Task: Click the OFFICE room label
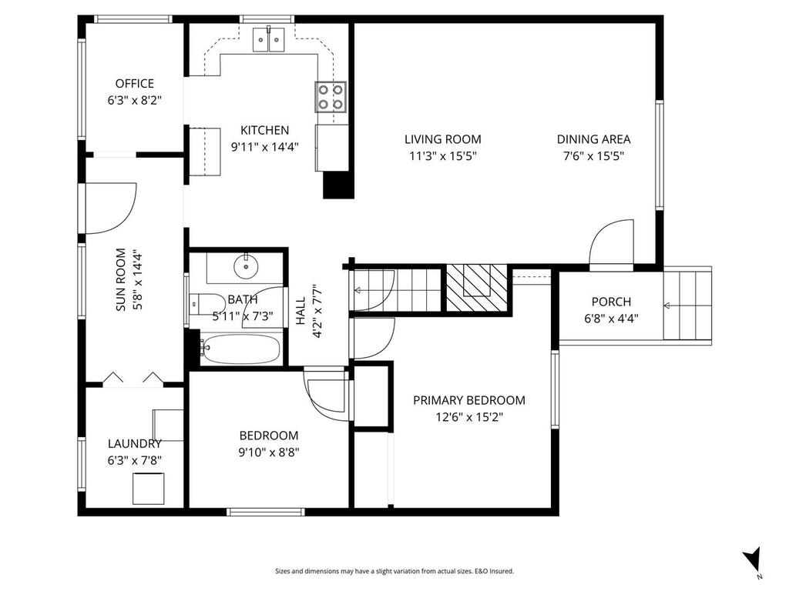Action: pyautogui.click(x=135, y=83)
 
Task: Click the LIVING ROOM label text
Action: pyautogui.click(x=443, y=139)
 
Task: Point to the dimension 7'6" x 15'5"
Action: pyautogui.click(x=593, y=155)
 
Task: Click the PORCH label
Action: pyautogui.click(x=611, y=302)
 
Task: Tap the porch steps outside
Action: pyautogui.click(x=687, y=304)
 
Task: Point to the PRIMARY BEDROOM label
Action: pyautogui.click(x=469, y=400)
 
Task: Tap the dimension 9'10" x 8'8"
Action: pyautogui.click(x=269, y=452)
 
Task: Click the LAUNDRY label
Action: pyautogui.click(x=135, y=443)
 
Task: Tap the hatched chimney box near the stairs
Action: pyautogui.click(x=477, y=288)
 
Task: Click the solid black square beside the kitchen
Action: pyautogui.click(x=337, y=185)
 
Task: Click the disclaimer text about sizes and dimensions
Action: pyautogui.click(x=394, y=571)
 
